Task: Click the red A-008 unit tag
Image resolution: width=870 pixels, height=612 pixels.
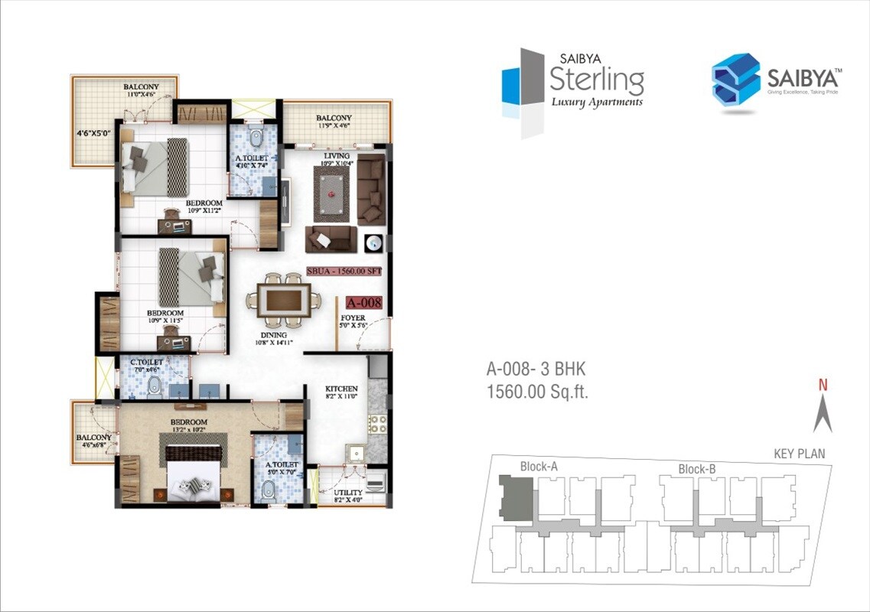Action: pyautogui.click(x=363, y=302)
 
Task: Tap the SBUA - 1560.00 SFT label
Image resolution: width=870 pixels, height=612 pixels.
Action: pyautogui.click(x=344, y=271)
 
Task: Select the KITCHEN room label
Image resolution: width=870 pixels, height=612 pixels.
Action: pyautogui.click(x=341, y=389)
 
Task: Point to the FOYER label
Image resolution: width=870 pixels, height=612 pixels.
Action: pyautogui.click(x=354, y=317)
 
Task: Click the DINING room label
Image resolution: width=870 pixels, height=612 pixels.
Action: pyautogui.click(x=273, y=334)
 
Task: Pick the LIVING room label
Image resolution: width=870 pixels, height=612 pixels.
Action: pyautogui.click(x=336, y=156)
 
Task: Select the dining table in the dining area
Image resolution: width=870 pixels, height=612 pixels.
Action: pyautogui.click(x=284, y=299)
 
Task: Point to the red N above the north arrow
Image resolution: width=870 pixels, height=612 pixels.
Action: pyautogui.click(x=823, y=386)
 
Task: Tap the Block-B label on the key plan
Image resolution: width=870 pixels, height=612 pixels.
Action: pyautogui.click(x=696, y=469)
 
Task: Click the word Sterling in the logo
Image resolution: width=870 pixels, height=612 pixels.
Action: pyautogui.click(x=597, y=79)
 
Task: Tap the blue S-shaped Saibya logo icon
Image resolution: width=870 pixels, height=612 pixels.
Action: pyautogui.click(x=735, y=79)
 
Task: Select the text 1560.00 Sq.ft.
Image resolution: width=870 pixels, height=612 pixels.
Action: pyautogui.click(x=538, y=393)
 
